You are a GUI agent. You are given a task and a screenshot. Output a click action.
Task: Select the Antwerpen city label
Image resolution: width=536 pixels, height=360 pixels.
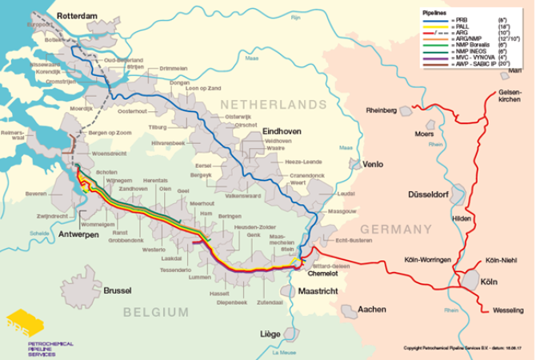78,234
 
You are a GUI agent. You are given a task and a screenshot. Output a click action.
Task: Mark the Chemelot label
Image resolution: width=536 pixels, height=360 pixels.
324,272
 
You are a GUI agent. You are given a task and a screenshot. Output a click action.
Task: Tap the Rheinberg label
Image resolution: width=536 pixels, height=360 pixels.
381,110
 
